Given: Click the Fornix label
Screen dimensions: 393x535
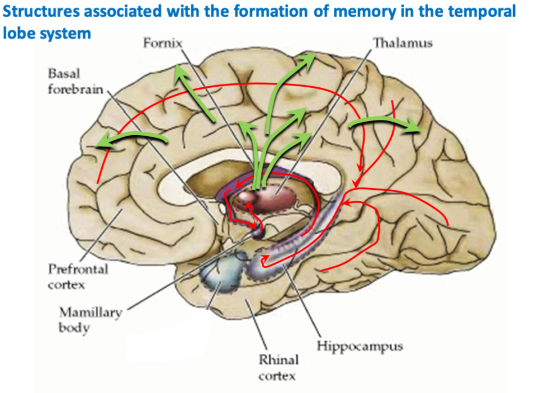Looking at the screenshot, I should click(x=162, y=43).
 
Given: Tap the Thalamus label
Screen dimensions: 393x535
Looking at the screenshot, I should click(x=402, y=43).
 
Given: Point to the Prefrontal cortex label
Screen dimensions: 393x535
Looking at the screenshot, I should click(x=72, y=276).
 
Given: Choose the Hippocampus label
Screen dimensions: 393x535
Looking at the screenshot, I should click(x=360, y=345).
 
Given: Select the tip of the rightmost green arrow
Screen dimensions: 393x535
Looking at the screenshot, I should click(x=420, y=131).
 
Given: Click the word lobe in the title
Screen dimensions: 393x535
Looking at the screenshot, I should click(x=18, y=33).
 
